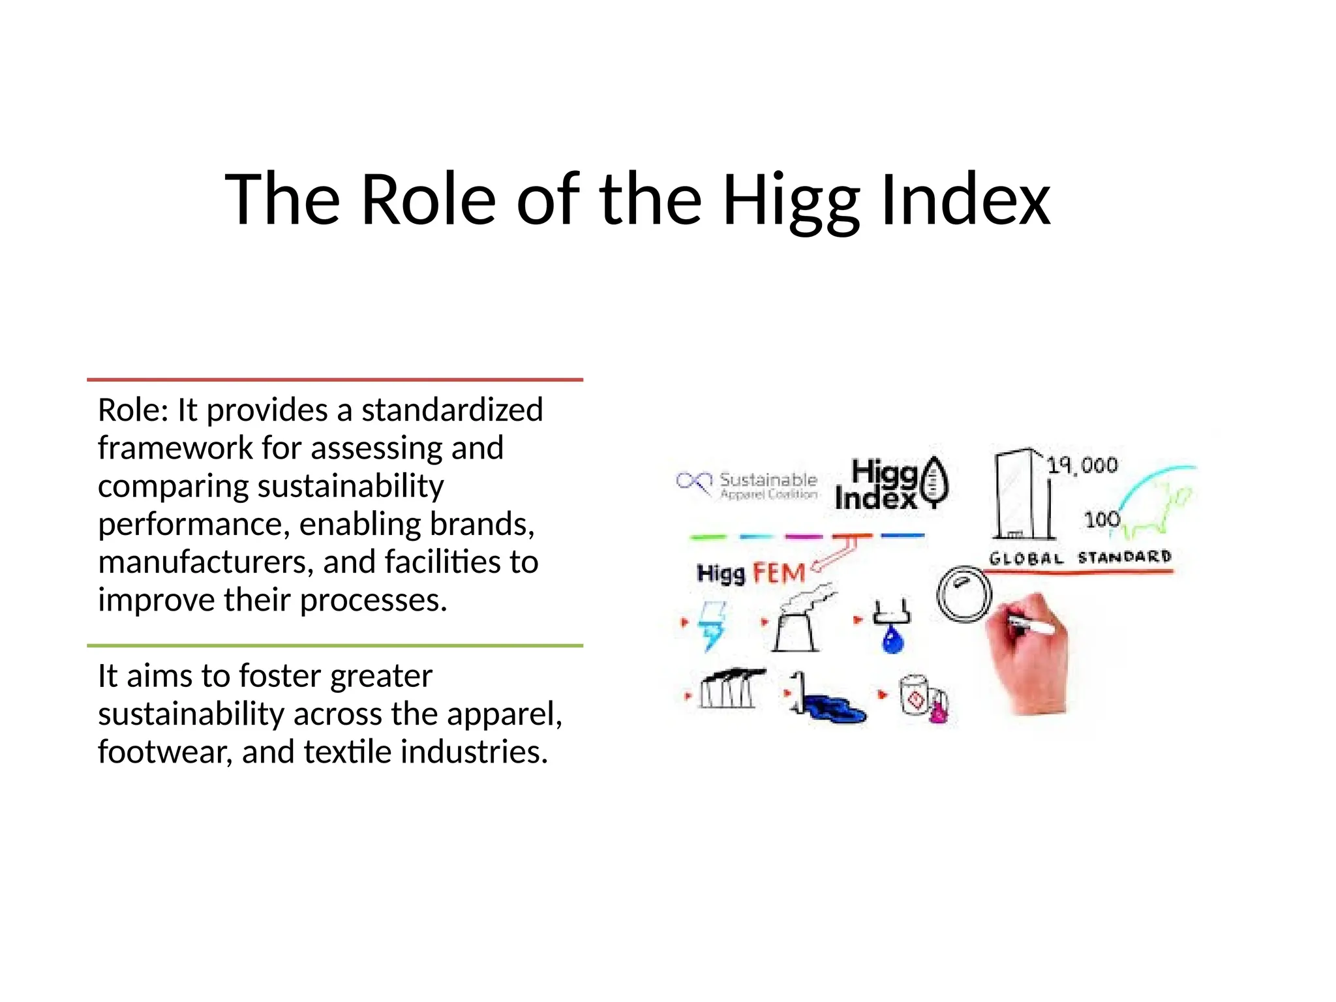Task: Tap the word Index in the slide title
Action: [x=965, y=199]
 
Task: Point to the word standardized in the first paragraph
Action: [x=452, y=410]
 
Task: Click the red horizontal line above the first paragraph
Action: [x=335, y=380]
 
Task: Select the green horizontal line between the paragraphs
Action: [x=335, y=646]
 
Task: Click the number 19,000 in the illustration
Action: [x=1082, y=465]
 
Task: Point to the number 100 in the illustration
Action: [x=1102, y=520]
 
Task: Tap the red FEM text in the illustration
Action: [x=779, y=573]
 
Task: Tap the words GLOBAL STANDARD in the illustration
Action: [x=1080, y=558]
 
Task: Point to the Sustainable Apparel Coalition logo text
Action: [x=767, y=485]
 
